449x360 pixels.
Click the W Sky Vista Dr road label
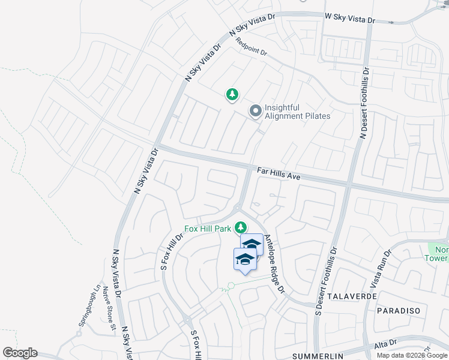[x=349, y=19]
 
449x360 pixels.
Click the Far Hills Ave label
[x=279, y=174]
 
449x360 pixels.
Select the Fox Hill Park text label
[x=207, y=228]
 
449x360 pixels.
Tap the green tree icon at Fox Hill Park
[x=241, y=227]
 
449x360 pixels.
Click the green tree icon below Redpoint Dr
[x=232, y=94]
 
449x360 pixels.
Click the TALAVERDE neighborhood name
[x=352, y=296]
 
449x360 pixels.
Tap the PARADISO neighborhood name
[x=402, y=311]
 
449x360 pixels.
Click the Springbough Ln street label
[x=88, y=305]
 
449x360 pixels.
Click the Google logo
[x=20, y=353]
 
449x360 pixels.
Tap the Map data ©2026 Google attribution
[x=412, y=355]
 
